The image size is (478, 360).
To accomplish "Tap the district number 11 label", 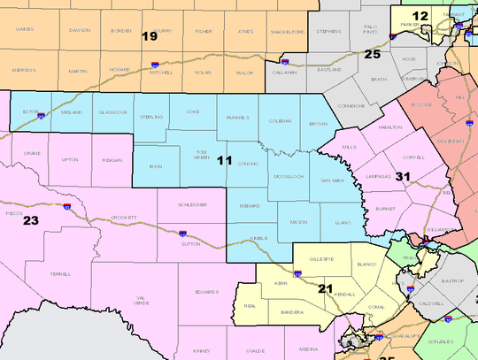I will tap(225, 161).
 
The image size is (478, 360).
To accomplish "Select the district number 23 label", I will tap(31, 219).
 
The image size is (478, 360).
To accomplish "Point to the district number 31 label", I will tap(403, 177).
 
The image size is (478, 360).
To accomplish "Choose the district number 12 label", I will tap(421, 16).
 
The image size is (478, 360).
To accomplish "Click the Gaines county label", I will tap(28, 31).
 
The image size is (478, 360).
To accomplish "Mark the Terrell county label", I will tap(61, 275).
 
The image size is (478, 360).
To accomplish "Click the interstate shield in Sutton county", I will tap(182, 234).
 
